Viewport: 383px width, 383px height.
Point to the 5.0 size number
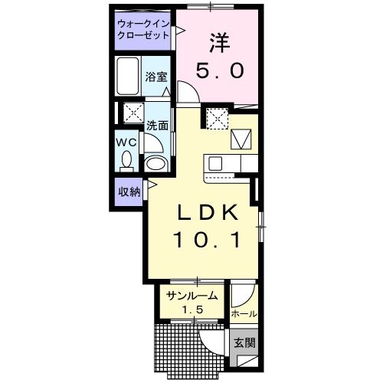(x=219, y=71)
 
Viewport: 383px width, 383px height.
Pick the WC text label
(x=126, y=142)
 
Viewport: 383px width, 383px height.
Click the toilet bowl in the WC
(x=126, y=160)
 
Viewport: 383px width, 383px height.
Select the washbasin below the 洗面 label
(x=156, y=164)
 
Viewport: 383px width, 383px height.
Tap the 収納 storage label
(x=129, y=191)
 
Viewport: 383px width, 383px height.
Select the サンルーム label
(x=191, y=296)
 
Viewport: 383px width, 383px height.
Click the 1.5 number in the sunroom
(x=191, y=309)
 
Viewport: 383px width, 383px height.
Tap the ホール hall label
(x=242, y=314)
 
